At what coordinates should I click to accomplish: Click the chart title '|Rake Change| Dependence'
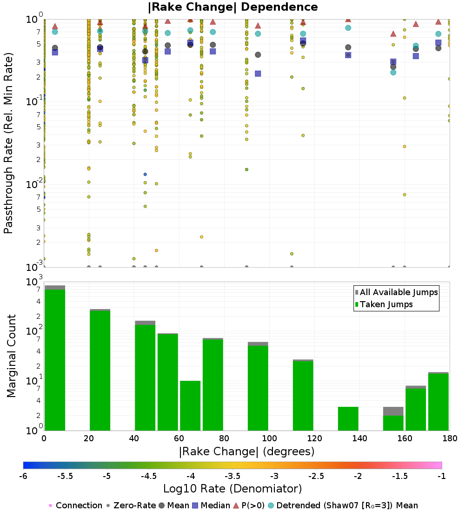232,7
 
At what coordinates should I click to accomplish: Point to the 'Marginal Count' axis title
11,356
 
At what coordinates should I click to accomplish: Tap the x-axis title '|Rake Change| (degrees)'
246,451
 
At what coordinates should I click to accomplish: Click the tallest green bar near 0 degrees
55,358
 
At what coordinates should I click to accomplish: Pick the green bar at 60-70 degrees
190,405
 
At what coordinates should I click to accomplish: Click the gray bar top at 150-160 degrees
393,411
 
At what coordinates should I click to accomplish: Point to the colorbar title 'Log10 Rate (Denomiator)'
232,489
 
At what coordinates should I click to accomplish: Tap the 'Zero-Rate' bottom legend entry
131,505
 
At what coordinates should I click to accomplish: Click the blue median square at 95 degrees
258,74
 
